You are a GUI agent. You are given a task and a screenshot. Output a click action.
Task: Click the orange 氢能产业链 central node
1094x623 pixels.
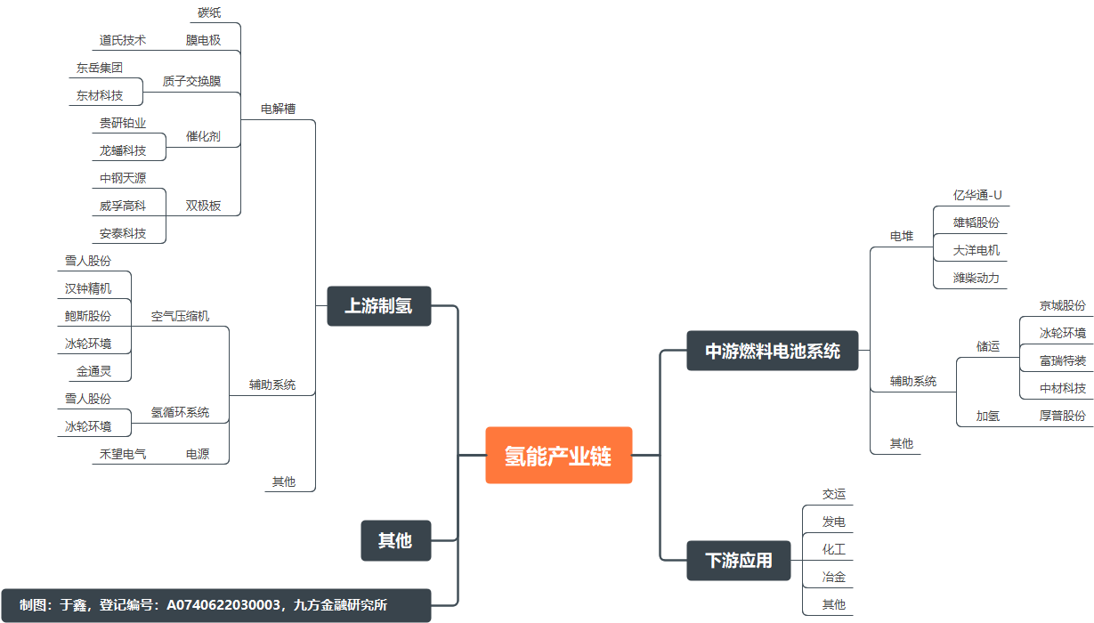click(558, 456)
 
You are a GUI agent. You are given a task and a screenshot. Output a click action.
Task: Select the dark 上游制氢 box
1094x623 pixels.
click(378, 306)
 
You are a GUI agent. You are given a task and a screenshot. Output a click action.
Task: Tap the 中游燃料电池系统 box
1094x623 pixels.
click(773, 351)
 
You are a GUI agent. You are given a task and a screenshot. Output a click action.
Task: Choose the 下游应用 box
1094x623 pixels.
click(739, 561)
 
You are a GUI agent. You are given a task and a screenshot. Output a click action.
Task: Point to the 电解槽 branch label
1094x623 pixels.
click(278, 109)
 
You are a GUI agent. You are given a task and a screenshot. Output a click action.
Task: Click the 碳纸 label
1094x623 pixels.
click(209, 12)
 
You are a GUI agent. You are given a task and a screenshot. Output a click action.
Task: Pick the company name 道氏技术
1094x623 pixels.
click(123, 40)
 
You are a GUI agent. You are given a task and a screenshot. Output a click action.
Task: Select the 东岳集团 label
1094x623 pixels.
click(100, 68)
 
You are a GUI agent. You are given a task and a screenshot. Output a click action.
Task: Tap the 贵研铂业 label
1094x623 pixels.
click(123, 123)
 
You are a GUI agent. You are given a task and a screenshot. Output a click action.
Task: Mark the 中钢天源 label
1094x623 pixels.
click(123, 178)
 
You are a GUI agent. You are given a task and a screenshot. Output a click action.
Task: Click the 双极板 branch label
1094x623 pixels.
click(203, 206)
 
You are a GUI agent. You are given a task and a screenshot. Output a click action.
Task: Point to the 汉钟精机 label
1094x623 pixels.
click(88, 288)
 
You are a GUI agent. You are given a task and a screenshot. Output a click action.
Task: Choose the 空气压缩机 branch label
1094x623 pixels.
click(180, 316)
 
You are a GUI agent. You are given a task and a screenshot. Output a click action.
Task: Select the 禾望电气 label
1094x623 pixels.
click(123, 454)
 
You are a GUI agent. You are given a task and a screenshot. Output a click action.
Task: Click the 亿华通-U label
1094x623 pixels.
click(977, 195)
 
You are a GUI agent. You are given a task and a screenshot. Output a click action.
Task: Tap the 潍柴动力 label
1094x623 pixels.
click(976, 278)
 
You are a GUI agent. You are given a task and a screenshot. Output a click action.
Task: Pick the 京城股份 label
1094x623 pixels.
click(1063, 305)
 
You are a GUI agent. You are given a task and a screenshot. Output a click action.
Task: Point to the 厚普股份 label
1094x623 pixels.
click(1063, 416)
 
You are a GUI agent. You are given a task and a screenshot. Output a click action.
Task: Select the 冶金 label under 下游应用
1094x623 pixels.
click(834, 577)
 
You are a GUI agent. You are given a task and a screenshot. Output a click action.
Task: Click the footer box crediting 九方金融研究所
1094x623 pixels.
click(215, 605)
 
